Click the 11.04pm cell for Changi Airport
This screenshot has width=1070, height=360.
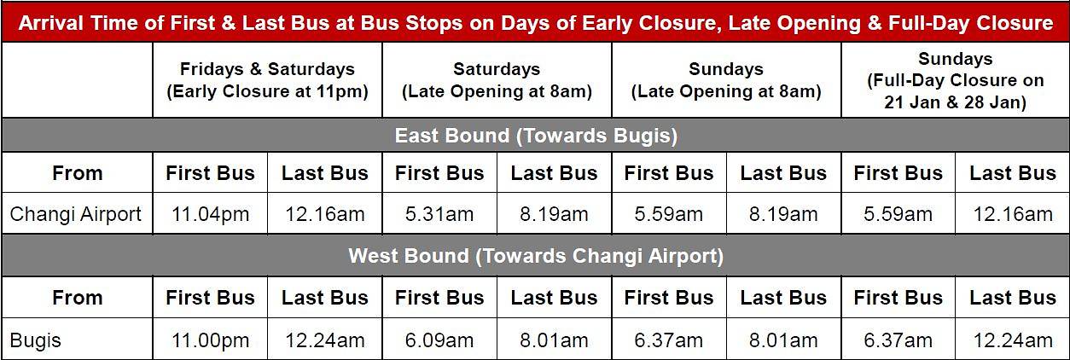point(210,214)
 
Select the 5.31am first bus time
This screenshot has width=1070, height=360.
point(439,214)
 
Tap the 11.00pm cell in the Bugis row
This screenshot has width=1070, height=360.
point(210,340)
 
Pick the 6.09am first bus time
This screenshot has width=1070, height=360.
point(439,340)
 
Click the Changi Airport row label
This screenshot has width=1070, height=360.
point(75,214)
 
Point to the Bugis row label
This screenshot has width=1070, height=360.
point(35,341)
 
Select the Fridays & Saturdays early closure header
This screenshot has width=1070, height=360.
point(268,79)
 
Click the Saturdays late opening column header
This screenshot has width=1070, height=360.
point(497,79)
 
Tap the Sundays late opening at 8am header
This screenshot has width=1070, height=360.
point(726,79)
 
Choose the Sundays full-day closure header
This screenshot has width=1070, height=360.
point(956,79)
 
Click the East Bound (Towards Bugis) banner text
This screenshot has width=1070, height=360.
point(536,136)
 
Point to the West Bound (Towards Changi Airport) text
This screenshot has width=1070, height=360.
point(536,256)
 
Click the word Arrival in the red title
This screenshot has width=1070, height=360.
point(51,23)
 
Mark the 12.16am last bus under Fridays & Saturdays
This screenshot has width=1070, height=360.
point(325,214)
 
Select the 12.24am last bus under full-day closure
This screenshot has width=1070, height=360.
point(1013,340)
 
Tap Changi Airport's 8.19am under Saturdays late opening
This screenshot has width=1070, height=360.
point(554,214)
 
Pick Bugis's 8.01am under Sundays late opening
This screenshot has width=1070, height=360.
point(783,340)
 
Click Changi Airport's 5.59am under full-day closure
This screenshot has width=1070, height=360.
point(898,214)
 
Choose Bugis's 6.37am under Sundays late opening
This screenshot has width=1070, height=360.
point(669,340)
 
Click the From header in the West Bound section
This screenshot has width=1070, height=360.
point(78,298)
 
